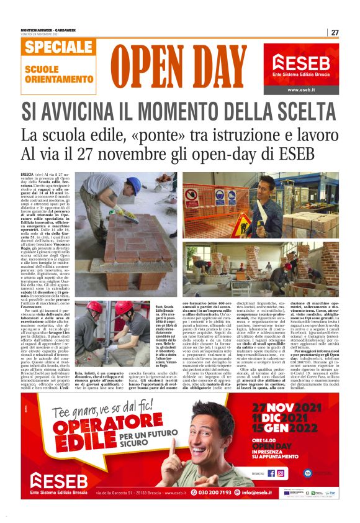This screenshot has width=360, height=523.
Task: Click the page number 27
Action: (x=335, y=32)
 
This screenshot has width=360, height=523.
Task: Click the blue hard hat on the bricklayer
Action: (x=133, y=184)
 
